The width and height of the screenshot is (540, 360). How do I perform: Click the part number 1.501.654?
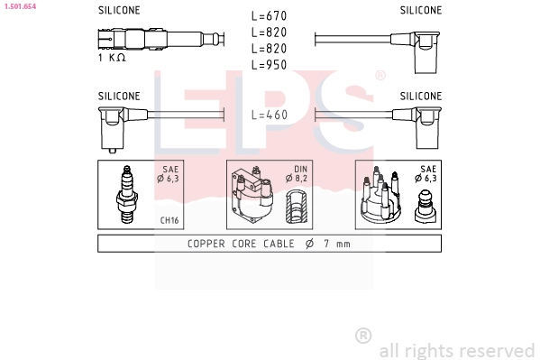(x=19, y=6)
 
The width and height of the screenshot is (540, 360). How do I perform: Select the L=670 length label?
(x=268, y=17)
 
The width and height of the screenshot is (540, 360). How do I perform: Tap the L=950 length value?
(x=268, y=66)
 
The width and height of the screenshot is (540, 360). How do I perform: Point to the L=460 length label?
(x=268, y=115)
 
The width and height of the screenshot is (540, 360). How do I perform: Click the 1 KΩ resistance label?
(x=111, y=58)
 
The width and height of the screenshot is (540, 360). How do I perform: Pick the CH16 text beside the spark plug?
(x=169, y=219)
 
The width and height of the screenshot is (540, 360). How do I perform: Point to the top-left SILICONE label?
(x=119, y=11)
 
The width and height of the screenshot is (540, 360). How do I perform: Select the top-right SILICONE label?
(x=421, y=11)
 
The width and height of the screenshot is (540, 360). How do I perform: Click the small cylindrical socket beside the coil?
(x=297, y=208)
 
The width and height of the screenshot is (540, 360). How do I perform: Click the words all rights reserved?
(x=456, y=350)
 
